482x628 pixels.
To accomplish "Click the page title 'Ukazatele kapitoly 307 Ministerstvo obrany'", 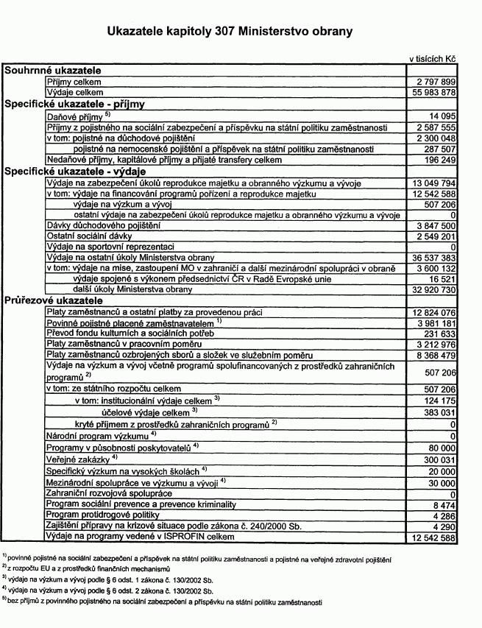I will (x=230, y=32).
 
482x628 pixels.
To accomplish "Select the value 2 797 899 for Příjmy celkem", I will (x=436, y=82).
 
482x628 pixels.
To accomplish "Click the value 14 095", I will (x=444, y=116).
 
